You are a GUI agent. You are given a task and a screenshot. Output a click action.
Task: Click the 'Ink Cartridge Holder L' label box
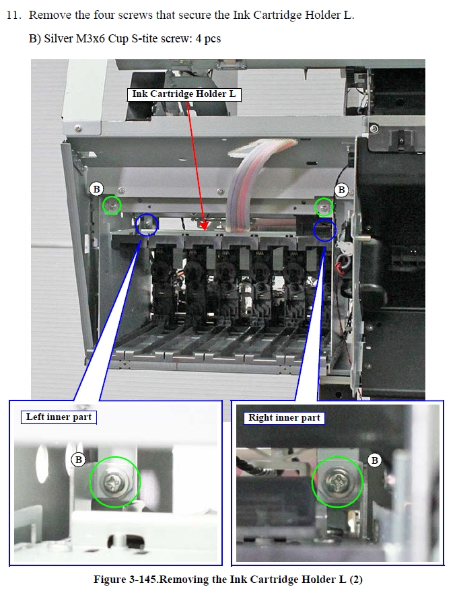point(184,94)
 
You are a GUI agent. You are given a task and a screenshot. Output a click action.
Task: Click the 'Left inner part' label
point(59,417)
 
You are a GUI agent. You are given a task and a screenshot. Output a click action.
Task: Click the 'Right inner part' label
point(284,418)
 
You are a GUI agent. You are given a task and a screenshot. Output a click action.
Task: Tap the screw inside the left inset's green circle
point(114,482)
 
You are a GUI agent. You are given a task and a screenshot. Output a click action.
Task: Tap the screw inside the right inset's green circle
point(337,482)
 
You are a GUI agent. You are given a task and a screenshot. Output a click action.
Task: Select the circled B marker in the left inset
point(78,460)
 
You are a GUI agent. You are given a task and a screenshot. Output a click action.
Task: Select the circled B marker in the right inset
point(374,460)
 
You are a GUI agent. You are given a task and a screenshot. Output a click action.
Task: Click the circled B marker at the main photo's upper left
point(96,188)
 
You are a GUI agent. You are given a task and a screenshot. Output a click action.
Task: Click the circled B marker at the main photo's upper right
point(341,189)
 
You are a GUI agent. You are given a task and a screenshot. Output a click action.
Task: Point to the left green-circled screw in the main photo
point(112,206)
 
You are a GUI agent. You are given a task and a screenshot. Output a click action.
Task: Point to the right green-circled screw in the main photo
point(324,207)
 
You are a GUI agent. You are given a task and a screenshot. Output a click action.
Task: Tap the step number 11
point(13,15)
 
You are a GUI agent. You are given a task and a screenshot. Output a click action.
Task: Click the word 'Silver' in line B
point(59,38)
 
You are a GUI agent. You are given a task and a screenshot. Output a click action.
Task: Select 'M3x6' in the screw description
point(90,38)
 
